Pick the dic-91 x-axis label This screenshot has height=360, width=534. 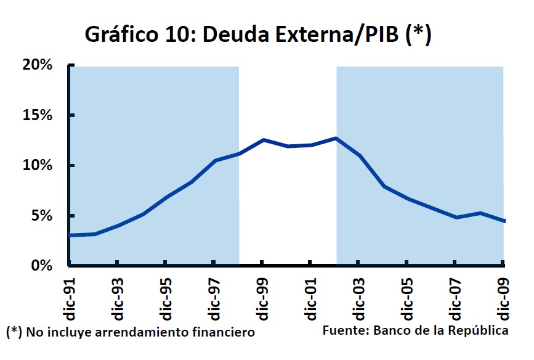click(69, 296)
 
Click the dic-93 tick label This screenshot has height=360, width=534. click(117, 296)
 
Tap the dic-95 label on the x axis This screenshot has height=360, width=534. click(165, 296)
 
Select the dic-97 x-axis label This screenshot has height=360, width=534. click(213, 296)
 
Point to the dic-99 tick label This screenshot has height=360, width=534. click(261, 296)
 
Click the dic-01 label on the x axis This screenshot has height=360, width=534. click(309, 296)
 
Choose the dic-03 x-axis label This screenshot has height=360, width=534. click(357, 296)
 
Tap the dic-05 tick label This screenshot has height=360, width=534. click(405, 296)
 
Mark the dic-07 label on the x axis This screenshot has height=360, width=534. click(454, 296)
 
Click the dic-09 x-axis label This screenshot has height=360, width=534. click(502, 296)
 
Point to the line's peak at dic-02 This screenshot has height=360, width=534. click(336, 138)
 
